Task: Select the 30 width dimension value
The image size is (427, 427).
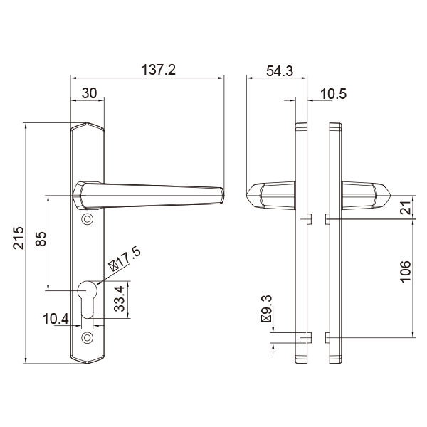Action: pyautogui.click(x=90, y=93)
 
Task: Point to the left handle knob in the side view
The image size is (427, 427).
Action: pyautogui.click(x=270, y=195)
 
